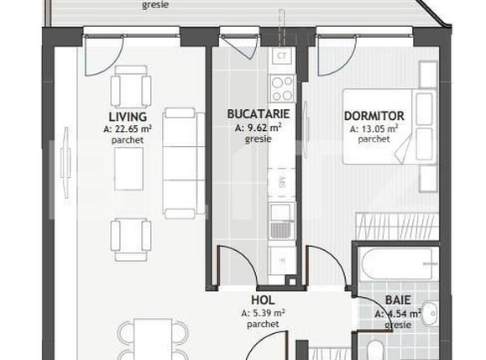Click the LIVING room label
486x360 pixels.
(x=128, y=117)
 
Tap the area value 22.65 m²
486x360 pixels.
(x=128, y=129)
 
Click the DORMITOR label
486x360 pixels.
(x=374, y=117)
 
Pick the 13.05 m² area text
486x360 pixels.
(x=374, y=129)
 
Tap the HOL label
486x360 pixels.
(x=263, y=300)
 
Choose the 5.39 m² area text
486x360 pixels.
(x=263, y=312)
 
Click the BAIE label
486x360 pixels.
(x=398, y=300)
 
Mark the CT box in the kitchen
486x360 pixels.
(x=282, y=57)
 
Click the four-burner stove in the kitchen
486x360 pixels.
(x=282, y=86)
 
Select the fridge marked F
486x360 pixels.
(x=282, y=259)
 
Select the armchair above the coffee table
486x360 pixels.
(x=131, y=87)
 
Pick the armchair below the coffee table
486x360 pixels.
(x=132, y=238)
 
